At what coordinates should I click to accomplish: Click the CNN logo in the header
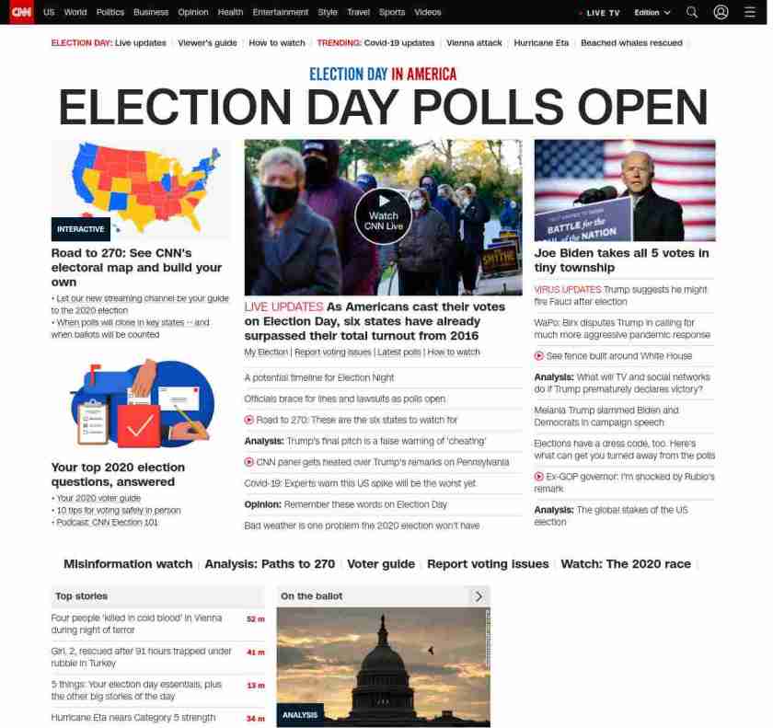(21, 12)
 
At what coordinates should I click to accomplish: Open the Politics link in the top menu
(110, 13)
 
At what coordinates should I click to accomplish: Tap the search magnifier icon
(692, 12)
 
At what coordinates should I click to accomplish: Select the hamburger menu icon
(749, 12)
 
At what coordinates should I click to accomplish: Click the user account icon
(721, 12)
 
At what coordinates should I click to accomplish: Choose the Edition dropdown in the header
(652, 13)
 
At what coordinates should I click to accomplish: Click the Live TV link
(602, 13)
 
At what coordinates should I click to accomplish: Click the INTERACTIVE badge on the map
(81, 229)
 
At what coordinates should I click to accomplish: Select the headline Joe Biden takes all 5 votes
(621, 260)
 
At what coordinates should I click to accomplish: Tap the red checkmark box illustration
(139, 425)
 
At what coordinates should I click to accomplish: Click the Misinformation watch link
(128, 564)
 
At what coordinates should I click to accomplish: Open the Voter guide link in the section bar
(381, 564)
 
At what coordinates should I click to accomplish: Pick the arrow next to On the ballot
(479, 596)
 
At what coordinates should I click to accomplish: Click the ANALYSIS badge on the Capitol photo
(300, 715)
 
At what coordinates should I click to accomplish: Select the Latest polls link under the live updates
(398, 352)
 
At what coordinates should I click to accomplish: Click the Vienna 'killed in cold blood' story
(136, 624)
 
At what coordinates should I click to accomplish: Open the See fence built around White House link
(618, 356)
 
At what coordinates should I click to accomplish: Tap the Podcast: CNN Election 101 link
(107, 523)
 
